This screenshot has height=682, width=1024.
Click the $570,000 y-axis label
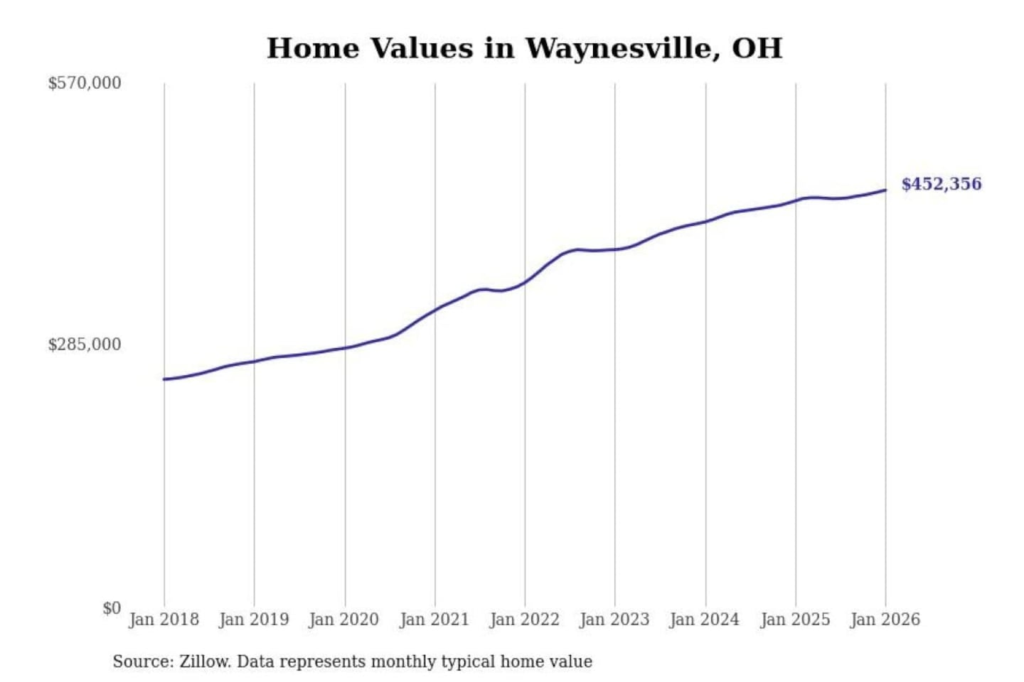tap(85, 83)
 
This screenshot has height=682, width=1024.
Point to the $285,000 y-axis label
tap(85, 345)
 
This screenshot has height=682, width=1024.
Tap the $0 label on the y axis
tap(111, 608)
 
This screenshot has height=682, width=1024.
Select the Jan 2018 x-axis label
tap(164, 619)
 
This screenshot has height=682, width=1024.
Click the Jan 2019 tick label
tap(254, 619)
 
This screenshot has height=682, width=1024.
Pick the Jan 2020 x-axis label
tap(344, 619)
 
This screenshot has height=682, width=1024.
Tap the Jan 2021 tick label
tap(434, 619)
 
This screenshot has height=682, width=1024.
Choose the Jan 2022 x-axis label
tap(525, 619)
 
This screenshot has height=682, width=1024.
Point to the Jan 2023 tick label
tap(614, 619)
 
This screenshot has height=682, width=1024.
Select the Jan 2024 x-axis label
tap(705, 619)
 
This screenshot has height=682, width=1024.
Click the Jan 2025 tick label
tap(795, 619)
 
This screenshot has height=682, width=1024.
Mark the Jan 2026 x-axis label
tap(885, 619)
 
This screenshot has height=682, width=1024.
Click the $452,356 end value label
tap(942, 184)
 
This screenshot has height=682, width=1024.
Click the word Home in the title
tap(313, 48)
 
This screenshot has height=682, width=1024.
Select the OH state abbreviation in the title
tap(757, 48)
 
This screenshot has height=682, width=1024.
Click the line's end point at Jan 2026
tap(885, 190)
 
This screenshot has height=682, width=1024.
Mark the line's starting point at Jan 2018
tap(164, 379)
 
